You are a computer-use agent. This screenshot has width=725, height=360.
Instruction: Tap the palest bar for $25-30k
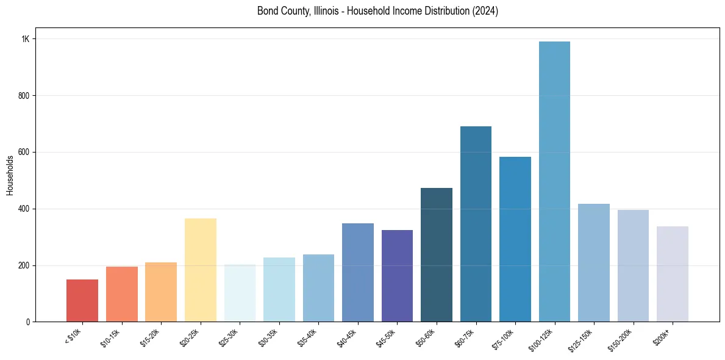pos(240,293)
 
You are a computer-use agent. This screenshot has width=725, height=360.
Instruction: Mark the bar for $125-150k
pos(593,262)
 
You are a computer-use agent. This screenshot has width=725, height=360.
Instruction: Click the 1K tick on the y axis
pos(25,39)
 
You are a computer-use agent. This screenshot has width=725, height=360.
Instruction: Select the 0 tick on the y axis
pos(27,322)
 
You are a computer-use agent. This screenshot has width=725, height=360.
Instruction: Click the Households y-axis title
pos(10,175)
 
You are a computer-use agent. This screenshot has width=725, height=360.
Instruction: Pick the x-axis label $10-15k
pos(110,338)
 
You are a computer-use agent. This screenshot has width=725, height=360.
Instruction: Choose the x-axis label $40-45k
pos(346,338)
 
